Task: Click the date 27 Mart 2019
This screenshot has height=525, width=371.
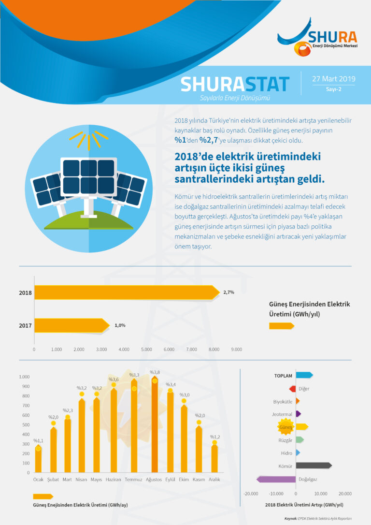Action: [x=333, y=79]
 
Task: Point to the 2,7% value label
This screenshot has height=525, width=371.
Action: [x=228, y=292]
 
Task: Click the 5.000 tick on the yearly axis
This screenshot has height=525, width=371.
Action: [x=146, y=349]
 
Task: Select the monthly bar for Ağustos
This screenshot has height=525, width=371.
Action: [x=155, y=425]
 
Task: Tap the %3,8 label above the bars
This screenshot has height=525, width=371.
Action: [x=155, y=372]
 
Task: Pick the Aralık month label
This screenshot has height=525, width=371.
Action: [x=214, y=480]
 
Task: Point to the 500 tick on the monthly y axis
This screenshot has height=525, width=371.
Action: [x=24, y=425]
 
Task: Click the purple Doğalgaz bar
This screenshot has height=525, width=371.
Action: [x=276, y=480]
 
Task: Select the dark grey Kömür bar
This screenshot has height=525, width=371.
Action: [x=314, y=466]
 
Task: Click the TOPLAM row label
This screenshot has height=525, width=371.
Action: [x=283, y=375]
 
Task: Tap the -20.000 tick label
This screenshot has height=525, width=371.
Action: [x=251, y=494]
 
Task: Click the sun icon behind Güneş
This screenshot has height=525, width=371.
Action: [x=285, y=427]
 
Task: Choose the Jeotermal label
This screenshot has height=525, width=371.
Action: [x=282, y=414]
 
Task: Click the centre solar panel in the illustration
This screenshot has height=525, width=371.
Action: [x=88, y=176]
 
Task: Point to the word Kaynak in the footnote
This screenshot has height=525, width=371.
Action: [x=290, y=518]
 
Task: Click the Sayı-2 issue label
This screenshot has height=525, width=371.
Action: [x=333, y=89]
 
